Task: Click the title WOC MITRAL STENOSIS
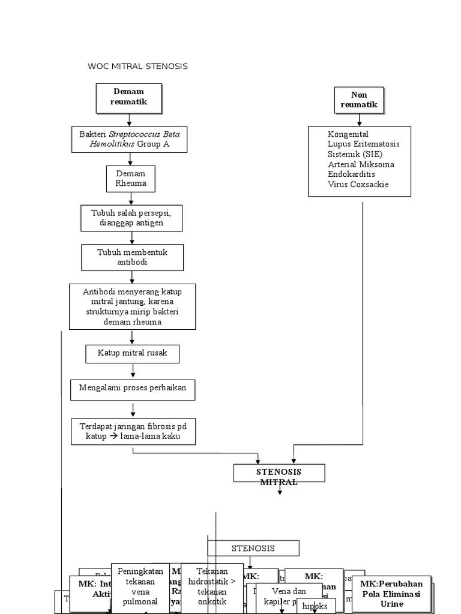137,66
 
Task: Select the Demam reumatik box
128,98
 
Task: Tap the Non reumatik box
359,100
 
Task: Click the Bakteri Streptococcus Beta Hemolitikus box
129,139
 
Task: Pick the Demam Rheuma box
131,179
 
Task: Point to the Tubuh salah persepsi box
131,218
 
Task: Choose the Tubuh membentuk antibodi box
132,257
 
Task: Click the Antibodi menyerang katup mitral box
132,306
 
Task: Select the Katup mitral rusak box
132,354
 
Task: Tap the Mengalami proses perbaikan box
133,388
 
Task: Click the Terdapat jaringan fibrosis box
133,431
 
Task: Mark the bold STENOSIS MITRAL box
279,473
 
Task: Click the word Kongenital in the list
348,134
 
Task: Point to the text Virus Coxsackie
358,184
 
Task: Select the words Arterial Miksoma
361,164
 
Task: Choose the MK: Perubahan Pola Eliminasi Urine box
391,593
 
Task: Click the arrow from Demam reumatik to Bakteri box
130,120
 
